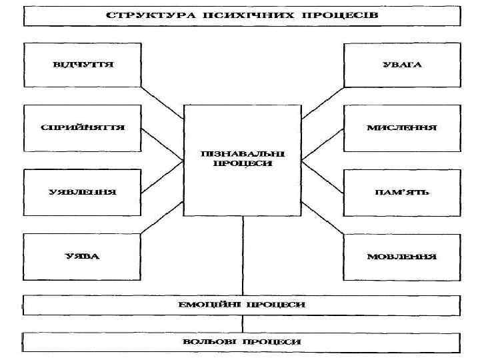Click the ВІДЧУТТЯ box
click(83, 65)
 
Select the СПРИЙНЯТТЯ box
click(83, 127)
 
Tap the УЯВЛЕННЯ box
click(83, 192)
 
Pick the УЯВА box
click(83, 256)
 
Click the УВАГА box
click(402, 65)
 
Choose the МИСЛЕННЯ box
click(402, 127)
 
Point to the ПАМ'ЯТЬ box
click(402, 192)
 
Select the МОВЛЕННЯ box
click(402, 256)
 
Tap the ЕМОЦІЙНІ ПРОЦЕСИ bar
click(242, 305)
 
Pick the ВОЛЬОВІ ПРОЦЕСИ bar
click(242, 341)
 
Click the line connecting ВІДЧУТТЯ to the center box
click(162, 102)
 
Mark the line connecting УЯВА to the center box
click(162, 217)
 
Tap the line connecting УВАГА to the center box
click(322, 102)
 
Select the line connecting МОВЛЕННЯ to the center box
click(322, 217)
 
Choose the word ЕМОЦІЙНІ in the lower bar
click(207, 305)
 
